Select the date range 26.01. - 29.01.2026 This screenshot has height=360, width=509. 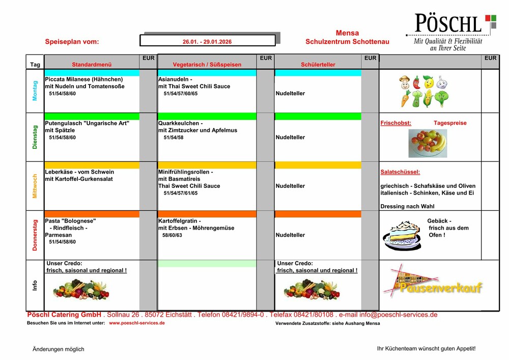pyautogui.click(x=207, y=41)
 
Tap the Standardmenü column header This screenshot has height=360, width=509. pyautogui.click(x=92, y=65)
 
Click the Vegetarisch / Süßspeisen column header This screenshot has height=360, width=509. pyautogui.click(x=207, y=65)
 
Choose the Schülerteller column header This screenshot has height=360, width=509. pyautogui.click(x=318, y=65)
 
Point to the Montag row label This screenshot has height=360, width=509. pyautogui.click(x=35, y=91)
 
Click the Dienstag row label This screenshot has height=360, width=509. pyautogui.click(x=35, y=137)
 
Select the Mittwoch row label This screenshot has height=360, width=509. pyautogui.click(x=35, y=186)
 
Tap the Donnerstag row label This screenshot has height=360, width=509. pyautogui.click(x=35, y=235)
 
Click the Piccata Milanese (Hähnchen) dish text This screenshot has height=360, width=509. pyautogui.click(x=84, y=79)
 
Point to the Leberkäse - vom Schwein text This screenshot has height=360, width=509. pyautogui.click(x=79, y=172)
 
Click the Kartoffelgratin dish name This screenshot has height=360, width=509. pyautogui.click(x=180, y=221)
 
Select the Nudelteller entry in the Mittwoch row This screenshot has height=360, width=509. pyautogui.click(x=290, y=186)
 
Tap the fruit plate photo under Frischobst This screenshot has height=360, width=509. pyautogui.click(x=428, y=143)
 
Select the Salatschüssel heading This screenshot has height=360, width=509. pyautogui.click(x=400, y=172)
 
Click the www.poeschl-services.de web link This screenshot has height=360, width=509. pyautogui.click(x=137, y=323)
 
